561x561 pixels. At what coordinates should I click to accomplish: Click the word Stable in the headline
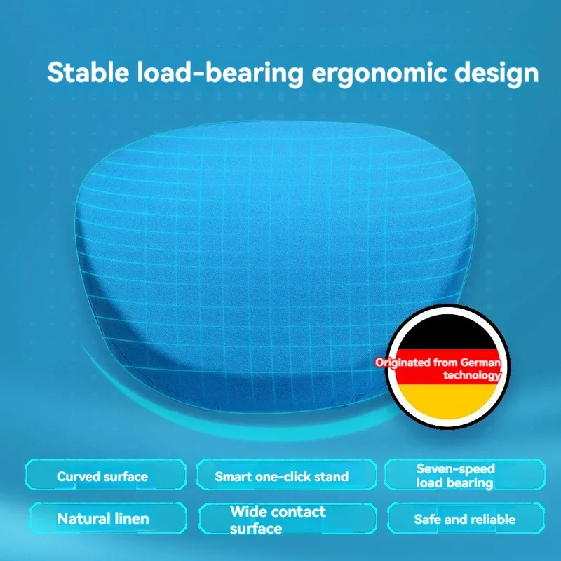pos(88,72)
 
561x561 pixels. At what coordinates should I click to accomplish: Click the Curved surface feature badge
pos(106,475)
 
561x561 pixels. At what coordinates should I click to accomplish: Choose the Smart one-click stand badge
pos(286,475)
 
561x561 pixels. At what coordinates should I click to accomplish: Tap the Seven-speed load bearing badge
pos(465,475)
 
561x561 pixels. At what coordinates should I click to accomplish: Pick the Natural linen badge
pos(109,518)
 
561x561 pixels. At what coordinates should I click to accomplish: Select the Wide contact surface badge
pos(288,518)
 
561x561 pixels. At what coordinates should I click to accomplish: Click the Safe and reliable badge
pos(466,518)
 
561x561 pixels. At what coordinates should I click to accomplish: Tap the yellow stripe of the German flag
pos(447,400)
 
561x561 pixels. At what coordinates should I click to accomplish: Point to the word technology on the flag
pos(471,375)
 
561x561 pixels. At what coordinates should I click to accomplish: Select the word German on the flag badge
pos(480,363)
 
